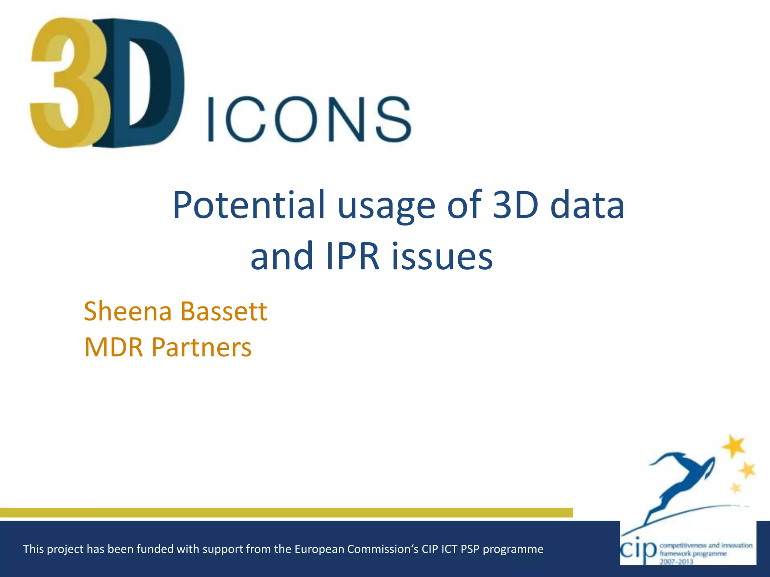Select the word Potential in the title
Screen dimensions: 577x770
pos(249,205)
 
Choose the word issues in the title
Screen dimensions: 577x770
pos(442,257)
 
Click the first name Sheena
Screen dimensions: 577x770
pos(128,311)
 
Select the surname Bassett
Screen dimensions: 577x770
pos(223,311)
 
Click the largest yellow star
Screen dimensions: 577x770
pos(733,446)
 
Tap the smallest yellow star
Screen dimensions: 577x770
pos(735,488)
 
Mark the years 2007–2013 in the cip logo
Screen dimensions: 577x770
pos(676,561)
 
